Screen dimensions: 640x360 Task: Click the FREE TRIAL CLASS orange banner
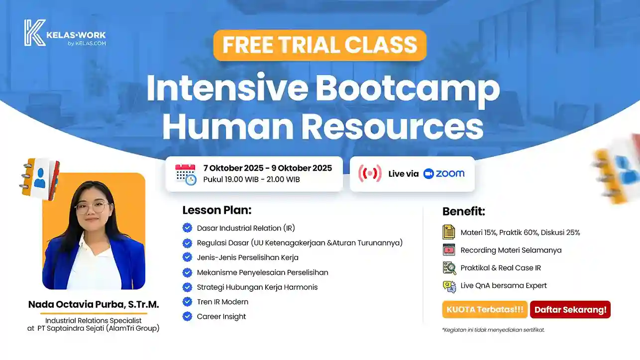[320, 45]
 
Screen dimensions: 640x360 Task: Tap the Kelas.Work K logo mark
[35, 32]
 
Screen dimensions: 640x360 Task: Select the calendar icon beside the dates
[186, 174]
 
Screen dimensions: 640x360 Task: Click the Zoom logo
[444, 174]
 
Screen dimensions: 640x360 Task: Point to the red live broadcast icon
[370, 173]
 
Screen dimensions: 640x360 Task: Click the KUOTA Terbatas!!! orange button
[485, 309]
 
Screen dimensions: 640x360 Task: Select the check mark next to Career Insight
[187, 316]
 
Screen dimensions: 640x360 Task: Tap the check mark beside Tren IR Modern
[187, 302]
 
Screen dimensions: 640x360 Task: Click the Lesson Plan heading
[217, 210]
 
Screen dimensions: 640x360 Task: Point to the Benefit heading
[463, 211]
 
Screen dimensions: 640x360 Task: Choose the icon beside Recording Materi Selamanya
[449, 250]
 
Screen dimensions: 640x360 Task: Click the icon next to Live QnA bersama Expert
[449, 286]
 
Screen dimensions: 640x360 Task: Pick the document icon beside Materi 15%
[448, 232]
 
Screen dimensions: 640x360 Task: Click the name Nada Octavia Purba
[76, 304]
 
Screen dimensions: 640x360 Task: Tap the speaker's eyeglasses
[91, 207]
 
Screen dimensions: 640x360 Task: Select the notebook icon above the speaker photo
[40, 179]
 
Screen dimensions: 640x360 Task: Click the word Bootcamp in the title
[408, 88]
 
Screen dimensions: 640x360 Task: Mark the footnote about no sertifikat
[493, 330]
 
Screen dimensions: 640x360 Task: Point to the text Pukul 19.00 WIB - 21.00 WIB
[251, 180]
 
